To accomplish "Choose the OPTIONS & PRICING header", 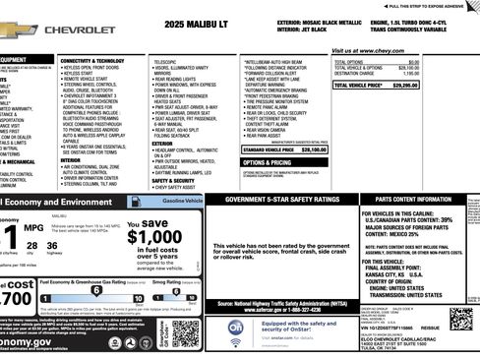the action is click(267, 161).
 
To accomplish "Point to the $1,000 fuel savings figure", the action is click(153, 236).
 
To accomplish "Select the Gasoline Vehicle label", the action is click(181, 200).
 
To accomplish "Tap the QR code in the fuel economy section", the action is click(185, 334).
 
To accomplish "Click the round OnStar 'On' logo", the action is click(236, 327).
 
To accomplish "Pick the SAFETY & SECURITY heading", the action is click(172, 180).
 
